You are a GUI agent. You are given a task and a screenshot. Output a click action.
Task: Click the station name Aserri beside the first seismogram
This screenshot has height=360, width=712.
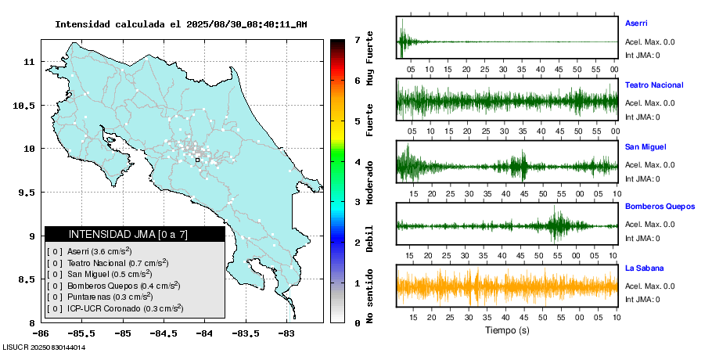tap(636, 23)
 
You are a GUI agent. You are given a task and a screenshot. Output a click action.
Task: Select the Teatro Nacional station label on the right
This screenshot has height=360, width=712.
tap(653, 85)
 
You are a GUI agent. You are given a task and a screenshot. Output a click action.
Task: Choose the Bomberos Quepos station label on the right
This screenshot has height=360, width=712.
tap(660, 207)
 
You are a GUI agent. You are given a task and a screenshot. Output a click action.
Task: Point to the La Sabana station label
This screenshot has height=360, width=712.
tap(642, 268)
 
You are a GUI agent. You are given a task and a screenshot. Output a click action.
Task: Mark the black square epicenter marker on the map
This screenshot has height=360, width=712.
tap(198, 160)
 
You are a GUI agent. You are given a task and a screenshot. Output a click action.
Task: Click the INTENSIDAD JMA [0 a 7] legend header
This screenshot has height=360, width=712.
tap(135, 234)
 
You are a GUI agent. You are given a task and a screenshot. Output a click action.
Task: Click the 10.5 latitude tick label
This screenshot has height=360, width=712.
tap(25, 105)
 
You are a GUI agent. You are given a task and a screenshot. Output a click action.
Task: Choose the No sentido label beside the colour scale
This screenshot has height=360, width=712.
tap(369, 295)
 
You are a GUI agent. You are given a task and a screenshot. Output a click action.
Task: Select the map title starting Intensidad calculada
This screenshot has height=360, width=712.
tap(181, 24)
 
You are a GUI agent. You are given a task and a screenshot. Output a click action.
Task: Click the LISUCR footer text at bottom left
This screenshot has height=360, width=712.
tap(44, 347)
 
